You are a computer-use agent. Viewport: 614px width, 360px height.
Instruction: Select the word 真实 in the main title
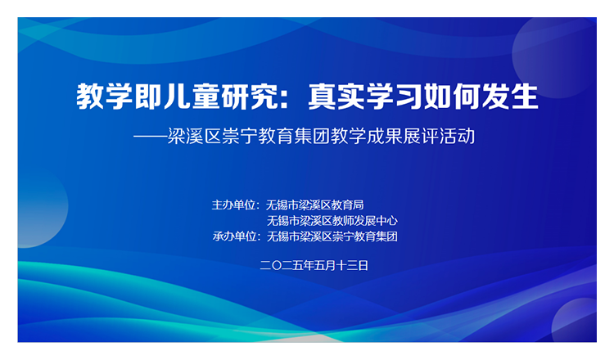(x=336, y=97)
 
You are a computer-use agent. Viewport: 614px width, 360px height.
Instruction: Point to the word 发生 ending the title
(x=511, y=97)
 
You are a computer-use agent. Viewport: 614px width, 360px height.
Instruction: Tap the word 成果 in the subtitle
(x=382, y=136)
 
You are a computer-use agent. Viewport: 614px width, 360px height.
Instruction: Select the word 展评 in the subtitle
(x=421, y=136)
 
